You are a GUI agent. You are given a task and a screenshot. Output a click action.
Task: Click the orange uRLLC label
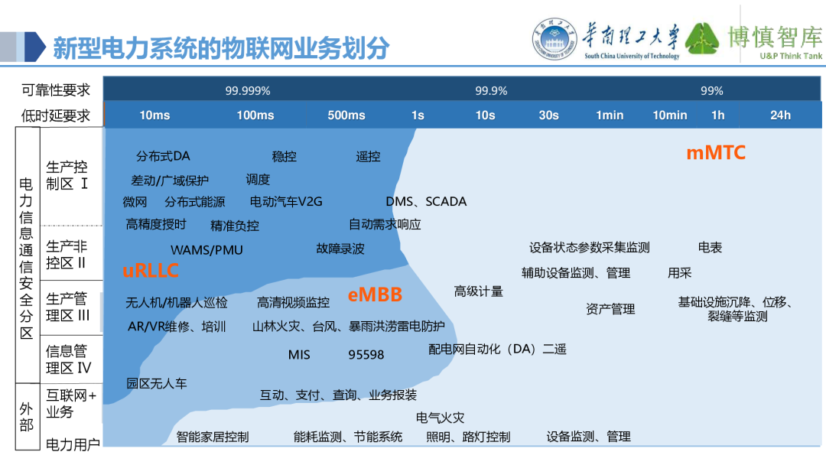coord(151,271)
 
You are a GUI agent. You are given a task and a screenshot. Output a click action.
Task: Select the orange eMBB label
coord(375,294)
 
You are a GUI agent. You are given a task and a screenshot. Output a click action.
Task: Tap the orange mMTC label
coord(716,153)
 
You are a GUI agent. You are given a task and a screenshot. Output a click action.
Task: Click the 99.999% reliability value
coord(248,90)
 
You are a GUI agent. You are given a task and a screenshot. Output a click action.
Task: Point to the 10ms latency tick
coord(154,115)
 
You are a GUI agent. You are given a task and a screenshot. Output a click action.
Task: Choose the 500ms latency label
coord(346,115)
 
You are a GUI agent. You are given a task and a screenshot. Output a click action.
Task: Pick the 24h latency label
coord(780,115)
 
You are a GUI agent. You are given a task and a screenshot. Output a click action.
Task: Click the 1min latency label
coord(610,115)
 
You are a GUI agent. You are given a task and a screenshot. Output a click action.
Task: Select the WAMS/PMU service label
coord(206,250)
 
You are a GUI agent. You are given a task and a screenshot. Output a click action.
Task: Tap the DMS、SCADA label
coord(426,202)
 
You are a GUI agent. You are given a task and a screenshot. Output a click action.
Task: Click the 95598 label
coord(366,355)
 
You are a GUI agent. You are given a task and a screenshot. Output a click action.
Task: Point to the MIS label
coord(299,355)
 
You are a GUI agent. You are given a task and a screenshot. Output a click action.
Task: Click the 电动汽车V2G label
coord(286,202)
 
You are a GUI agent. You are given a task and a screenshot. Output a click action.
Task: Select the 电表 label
coord(710,248)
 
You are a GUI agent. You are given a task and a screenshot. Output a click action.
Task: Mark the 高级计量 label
coord(478,291)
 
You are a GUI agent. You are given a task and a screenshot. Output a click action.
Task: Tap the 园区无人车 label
coord(157,383)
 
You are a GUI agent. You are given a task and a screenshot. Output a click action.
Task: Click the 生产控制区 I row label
coord(67,175)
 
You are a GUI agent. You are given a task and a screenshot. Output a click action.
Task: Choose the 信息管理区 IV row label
coord(69,359)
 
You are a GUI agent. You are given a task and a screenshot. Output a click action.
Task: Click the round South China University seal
coord(554,38)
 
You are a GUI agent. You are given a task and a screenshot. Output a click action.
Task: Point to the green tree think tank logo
coord(701,38)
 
